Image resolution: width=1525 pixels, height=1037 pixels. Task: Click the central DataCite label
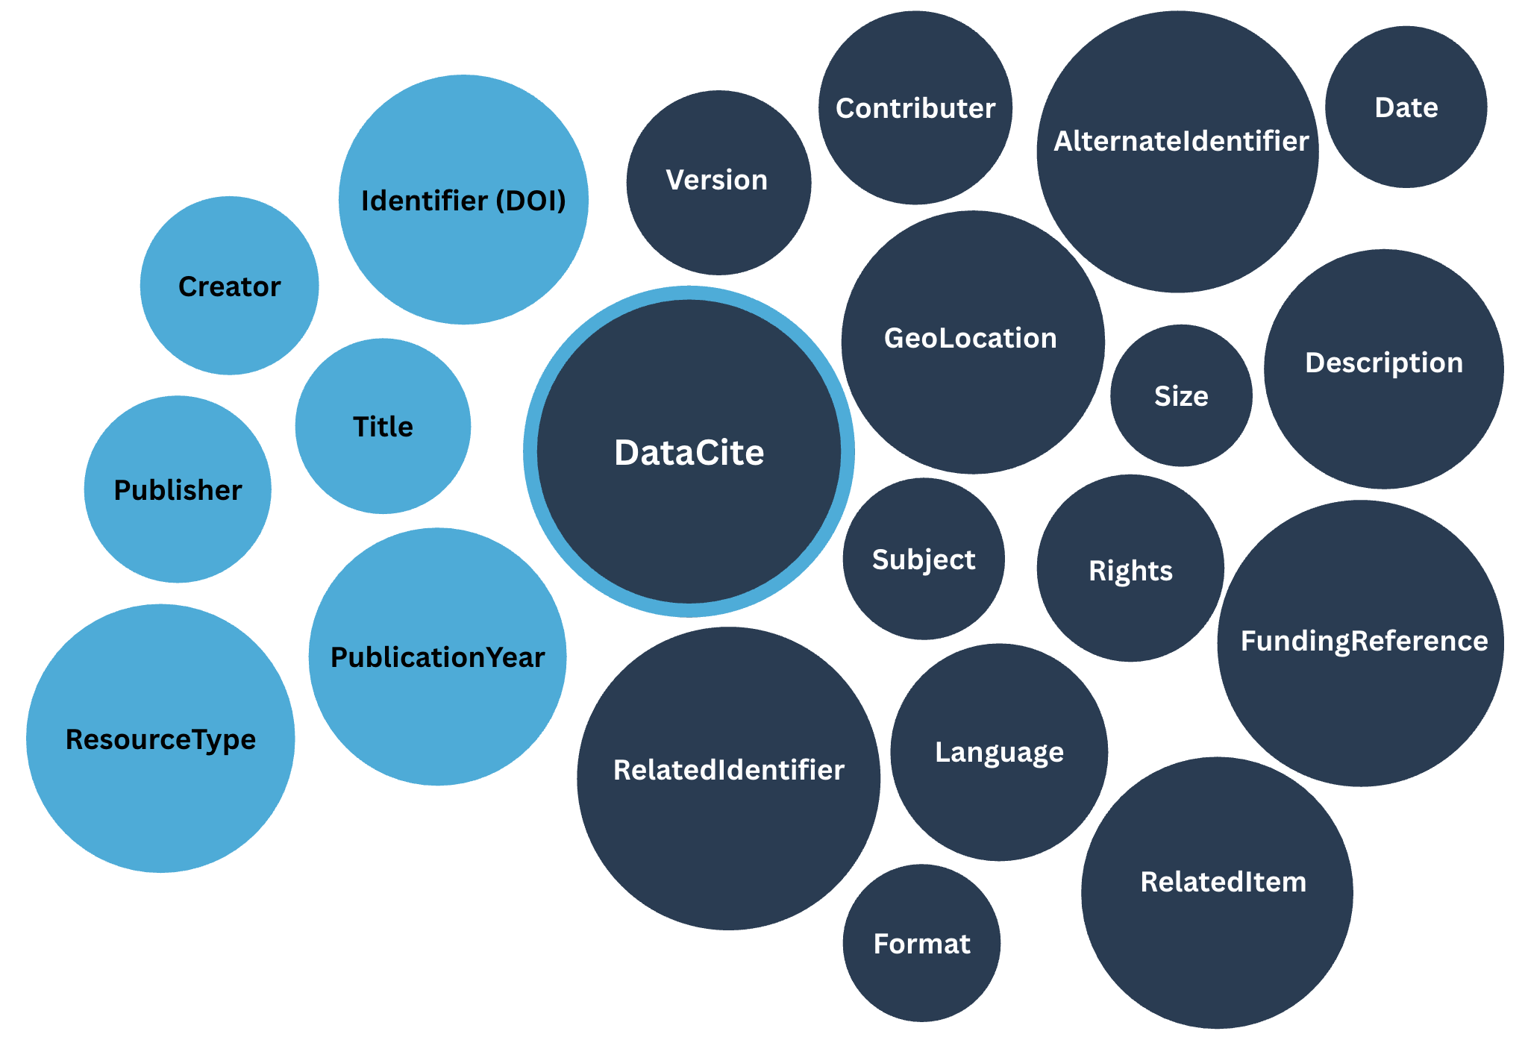pyautogui.click(x=689, y=453)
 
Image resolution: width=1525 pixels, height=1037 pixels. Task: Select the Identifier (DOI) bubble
pyautogui.click(x=463, y=200)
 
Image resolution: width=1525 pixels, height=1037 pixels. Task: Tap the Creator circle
pyautogui.click(x=229, y=286)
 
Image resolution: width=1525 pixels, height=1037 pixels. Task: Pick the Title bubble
pyautogui.click(x=383, y=426)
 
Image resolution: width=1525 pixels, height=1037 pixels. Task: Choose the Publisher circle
pyautogui.click(x=178, y=489)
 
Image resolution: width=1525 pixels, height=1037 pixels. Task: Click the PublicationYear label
pyautogui.click(x=437, y=657)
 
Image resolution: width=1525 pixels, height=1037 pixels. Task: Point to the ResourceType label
pyautogui.click(x=160, y=739)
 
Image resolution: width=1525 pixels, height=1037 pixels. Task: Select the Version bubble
pyautogui.click(x=718, y=181)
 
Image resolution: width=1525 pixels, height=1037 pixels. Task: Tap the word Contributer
pyautogui.click(x=915, y=108)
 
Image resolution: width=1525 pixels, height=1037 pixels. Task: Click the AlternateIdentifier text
pyautogui.click(x=1181, y=141)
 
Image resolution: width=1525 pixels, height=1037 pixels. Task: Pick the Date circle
pyautogui.click(x=1406, y=107)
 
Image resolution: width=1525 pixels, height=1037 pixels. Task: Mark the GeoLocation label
pyautogui.click(x=971, y=338)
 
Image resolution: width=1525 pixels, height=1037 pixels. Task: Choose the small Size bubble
pyautogui.click(x=1181, y=395)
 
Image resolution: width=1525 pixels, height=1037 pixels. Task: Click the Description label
pyautogui.click(x=1384, y=363)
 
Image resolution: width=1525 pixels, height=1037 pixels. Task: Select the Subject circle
pyautogui.click(x=924, y=560)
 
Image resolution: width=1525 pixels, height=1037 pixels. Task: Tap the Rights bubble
pyautogui.click(x=1130, y=571)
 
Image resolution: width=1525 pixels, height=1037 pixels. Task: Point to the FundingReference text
pyautogui.click(x=1364, y=641)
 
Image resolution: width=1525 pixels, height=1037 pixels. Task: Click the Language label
pyautogui.click(x=999, y=752)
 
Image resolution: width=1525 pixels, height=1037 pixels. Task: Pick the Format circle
pyautogui.click(x=921, y=944)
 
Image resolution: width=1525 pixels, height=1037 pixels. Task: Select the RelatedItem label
pyautogui.click(x=1223, y=882)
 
